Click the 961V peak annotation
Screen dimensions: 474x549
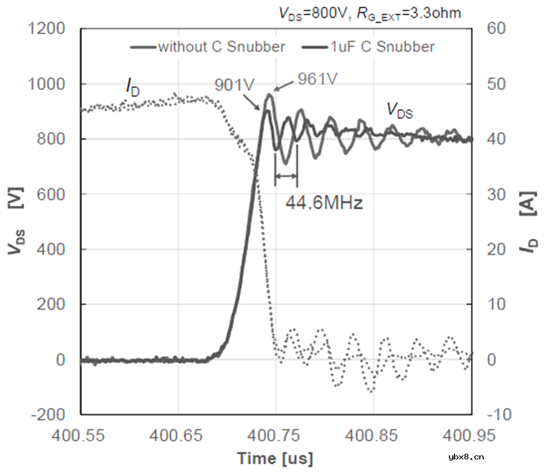click(318, 78)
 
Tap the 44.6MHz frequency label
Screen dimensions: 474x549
click(323, 203)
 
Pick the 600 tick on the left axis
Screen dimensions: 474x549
click(53, 194)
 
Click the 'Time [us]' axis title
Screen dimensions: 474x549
click(275, 458)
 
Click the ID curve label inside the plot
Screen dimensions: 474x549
click(133, 87)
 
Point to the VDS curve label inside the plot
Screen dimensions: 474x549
click(399, 111)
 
